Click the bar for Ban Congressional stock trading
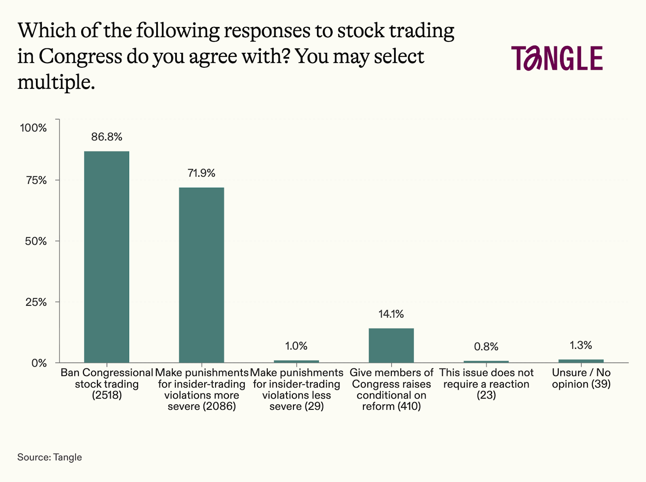tap(107, 257)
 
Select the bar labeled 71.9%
tap(201, 275)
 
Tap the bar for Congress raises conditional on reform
tap(391, 345)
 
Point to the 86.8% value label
tap(107, 137)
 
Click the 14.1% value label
tap(391, 314)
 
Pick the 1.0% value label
tap(296, 346)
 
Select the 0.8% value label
tap(486, 347)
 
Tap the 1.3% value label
tap(581, 345)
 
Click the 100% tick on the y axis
tap(34, 128)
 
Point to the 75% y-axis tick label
tap(36, 180)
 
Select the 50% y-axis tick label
tap(36, 241)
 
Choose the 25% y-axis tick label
tap(36, 302)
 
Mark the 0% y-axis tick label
tap(39, 363)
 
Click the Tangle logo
tap(557, 58)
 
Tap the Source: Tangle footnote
tap(50, 457)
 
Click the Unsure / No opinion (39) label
tap(581, 378)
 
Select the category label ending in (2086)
tap(201, 389)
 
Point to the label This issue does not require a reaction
tap(486, 384)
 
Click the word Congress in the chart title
tap(80, 56)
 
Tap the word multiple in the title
tap(56, 82)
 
